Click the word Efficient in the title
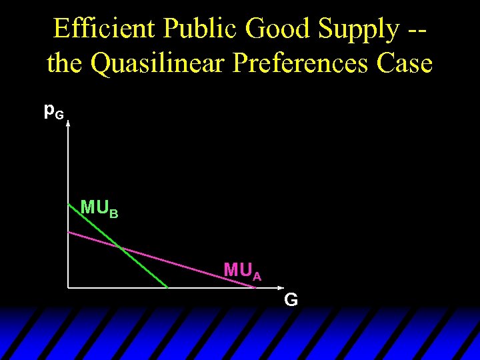[x=105, y=29]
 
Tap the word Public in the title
[x=202, y=29]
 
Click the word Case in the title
[x=404, y=64]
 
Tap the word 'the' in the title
[x=65, y=64]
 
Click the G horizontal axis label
[x=291, y=300]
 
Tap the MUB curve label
[x=99, y=208]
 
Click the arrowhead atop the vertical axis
[x=68, y=121]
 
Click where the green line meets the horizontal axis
[x=167, y=287]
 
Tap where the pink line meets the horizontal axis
[x=255, y=287]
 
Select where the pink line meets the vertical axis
[x=69, y=231]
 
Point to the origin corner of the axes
[x=69, y=287]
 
